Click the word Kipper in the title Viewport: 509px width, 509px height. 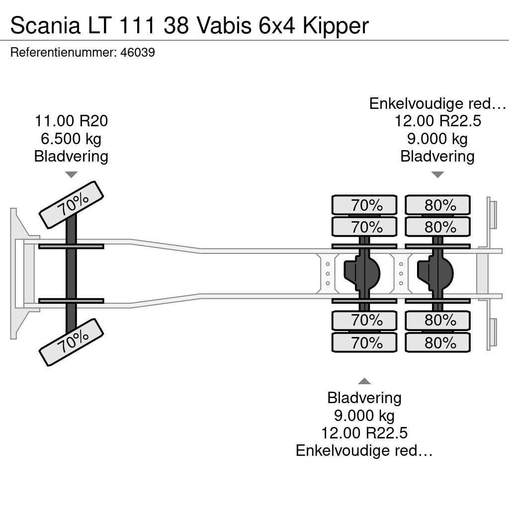point(336,26)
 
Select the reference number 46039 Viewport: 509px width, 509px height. point(138,53)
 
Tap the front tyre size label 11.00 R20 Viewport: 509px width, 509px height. point(72,121)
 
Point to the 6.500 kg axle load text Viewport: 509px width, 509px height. point(71,139)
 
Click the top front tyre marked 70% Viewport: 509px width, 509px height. point(72,205)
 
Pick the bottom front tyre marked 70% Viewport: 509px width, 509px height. point(72,342)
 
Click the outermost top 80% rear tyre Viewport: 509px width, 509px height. point(437,205)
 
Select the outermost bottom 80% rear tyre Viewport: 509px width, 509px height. point(437,342)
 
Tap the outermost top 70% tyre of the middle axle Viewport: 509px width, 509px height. point(364,205)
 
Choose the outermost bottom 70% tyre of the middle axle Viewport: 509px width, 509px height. point(364,342)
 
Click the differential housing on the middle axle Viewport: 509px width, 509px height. point(362,273)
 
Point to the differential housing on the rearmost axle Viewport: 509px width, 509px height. point(435,273)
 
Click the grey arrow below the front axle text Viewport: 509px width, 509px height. point(71,174)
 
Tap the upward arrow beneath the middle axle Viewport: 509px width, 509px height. point(364,381)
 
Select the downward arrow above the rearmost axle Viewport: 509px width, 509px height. point(437,174)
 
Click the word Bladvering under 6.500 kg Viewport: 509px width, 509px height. point(71,157)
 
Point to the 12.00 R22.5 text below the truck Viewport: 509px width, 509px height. point(364,433)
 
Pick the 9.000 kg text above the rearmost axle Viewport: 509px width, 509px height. point(437,139)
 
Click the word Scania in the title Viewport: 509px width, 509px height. point(45,26)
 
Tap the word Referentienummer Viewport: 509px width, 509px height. point(63,53)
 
